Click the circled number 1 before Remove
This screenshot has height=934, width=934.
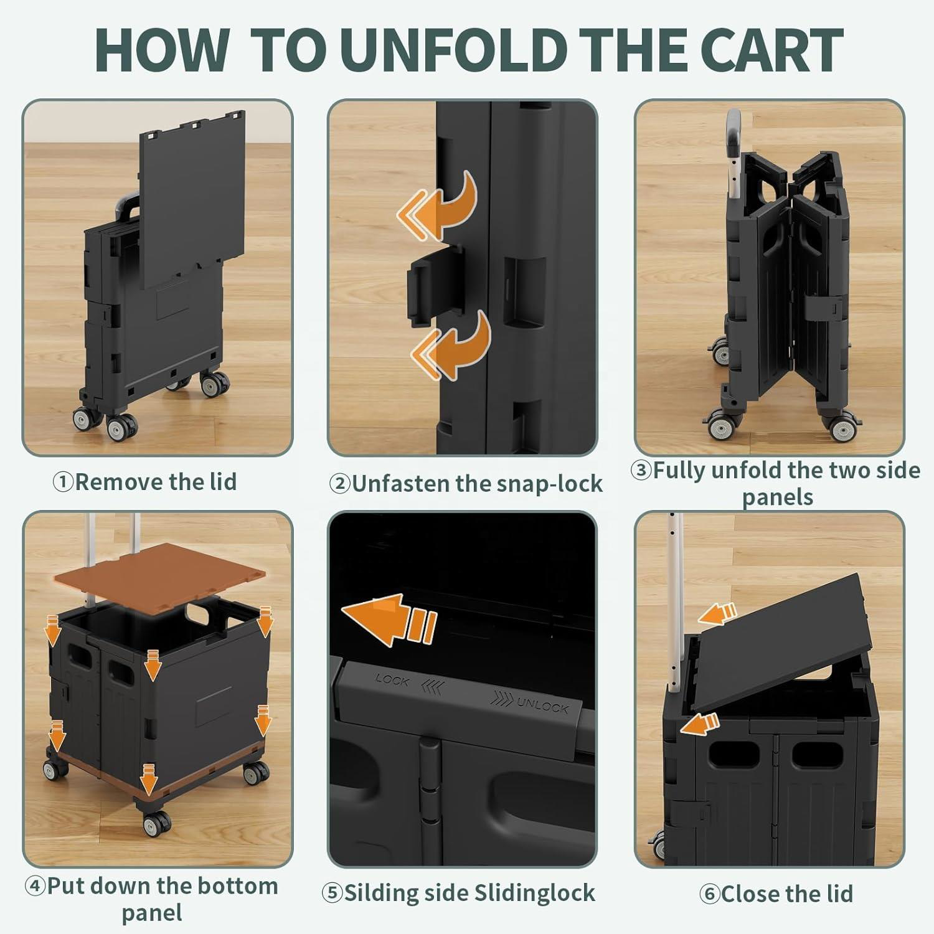click(x=63, y=482)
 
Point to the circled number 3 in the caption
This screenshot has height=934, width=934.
click(x=641, y=471)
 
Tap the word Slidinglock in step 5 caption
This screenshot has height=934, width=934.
click(x=533, y=893)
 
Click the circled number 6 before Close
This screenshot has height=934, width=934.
click(x=709, y=894)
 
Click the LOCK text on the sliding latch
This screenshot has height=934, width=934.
click(x=392, y=679)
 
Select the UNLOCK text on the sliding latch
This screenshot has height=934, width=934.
click(x=543, y=705)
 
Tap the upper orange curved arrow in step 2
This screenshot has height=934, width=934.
click(x=437, y=206)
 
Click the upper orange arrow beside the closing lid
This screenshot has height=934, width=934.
click(x=717, y=613)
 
